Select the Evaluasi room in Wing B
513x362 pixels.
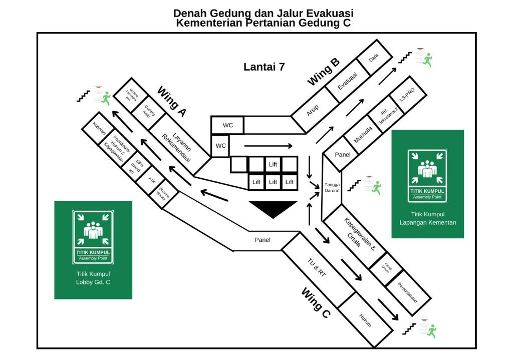[348, 81]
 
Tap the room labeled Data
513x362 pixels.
[374, 58]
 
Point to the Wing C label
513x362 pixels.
[316, 302]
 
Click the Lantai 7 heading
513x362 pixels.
[264, 67]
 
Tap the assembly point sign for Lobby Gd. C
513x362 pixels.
[93, 237]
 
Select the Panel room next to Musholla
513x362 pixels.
[343, 155]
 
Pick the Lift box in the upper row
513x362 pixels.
[273, 164]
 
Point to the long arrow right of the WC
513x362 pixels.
[268, 146]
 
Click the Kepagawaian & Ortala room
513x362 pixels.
[360, 236]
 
